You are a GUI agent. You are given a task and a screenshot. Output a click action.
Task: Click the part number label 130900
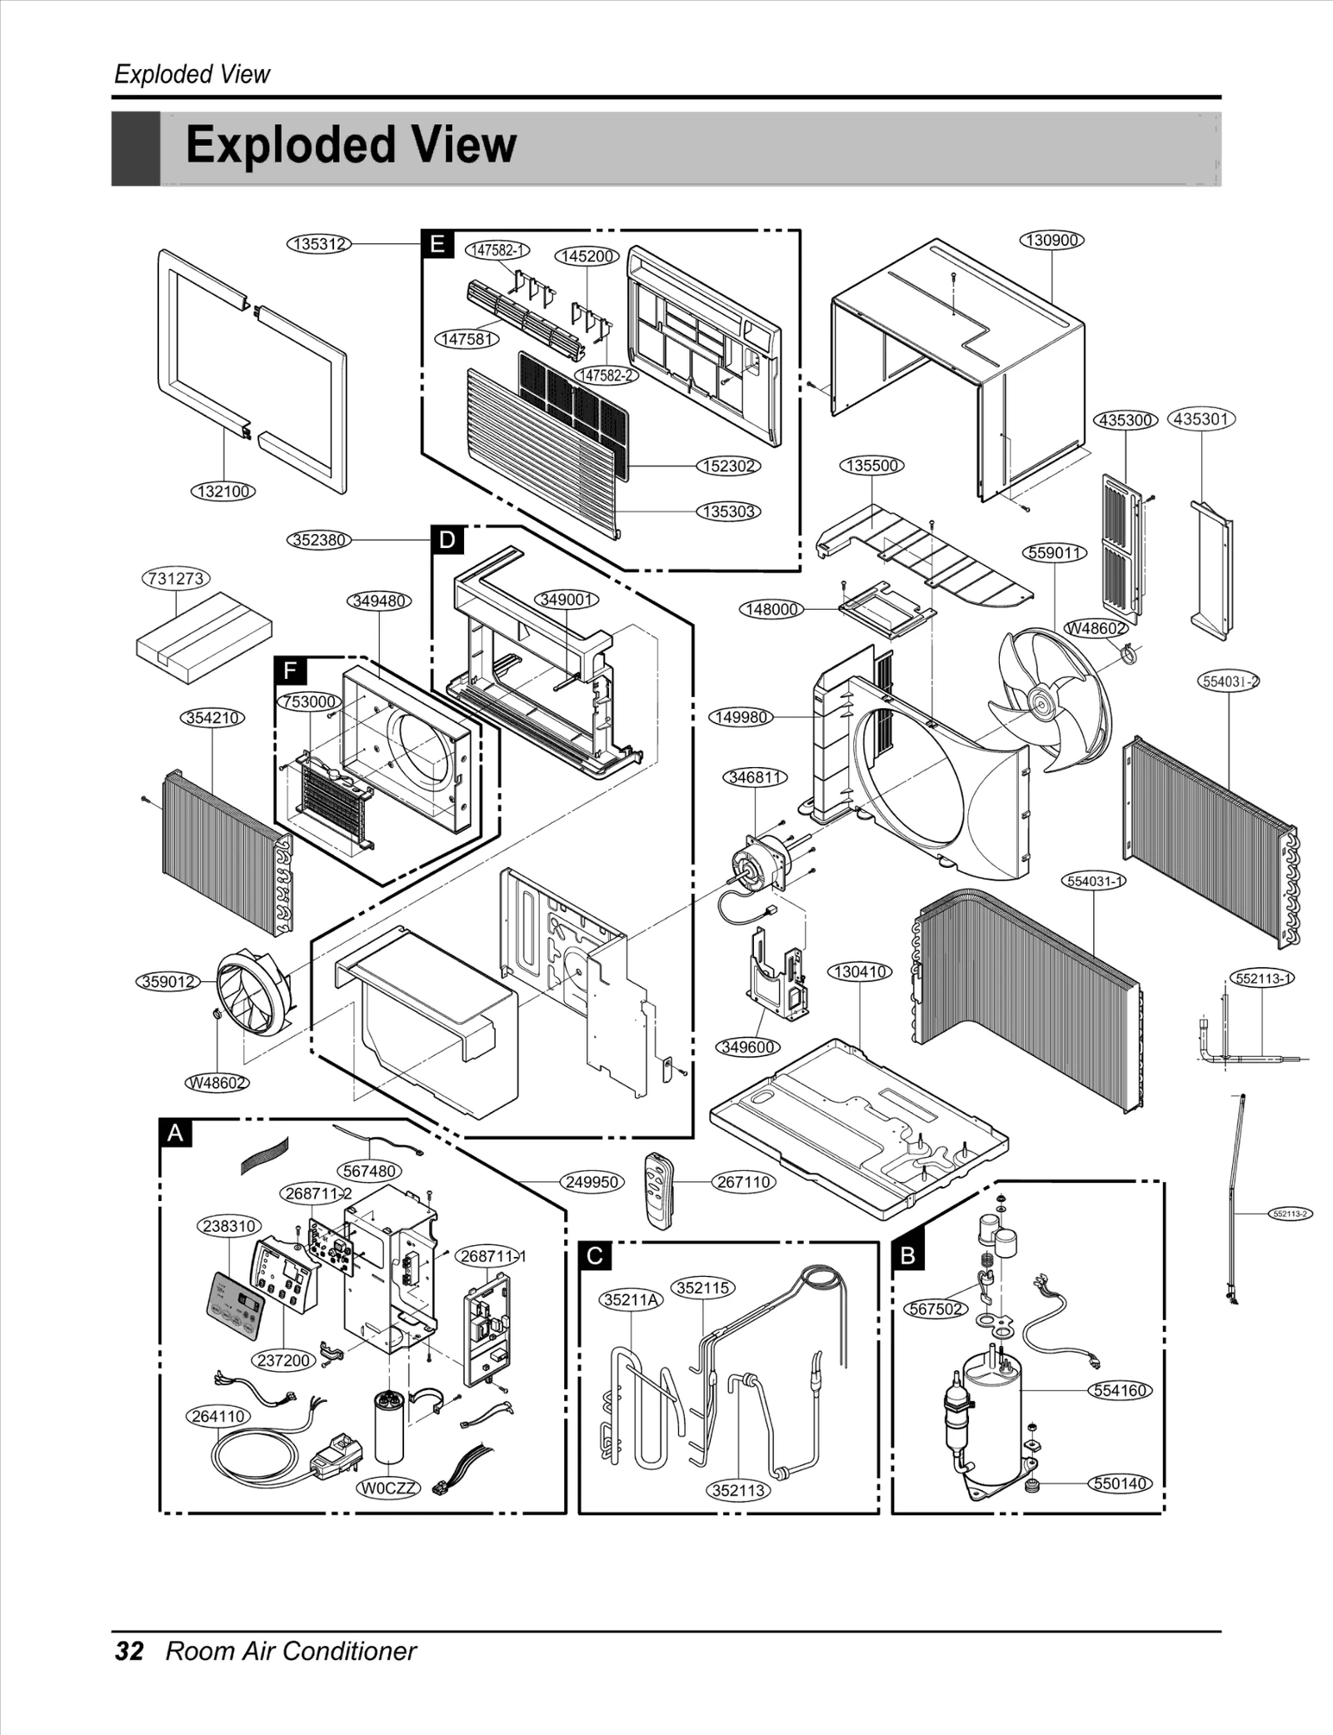tap(1052, 240)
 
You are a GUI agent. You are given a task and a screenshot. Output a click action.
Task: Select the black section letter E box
tap(437, 244)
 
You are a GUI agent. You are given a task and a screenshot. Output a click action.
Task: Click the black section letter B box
tap(908, 1255)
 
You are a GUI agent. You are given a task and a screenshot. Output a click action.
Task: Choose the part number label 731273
tap(176, 578)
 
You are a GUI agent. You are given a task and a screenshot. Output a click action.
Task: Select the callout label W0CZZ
tap(389, 1488)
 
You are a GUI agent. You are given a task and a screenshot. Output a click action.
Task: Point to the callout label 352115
tap(703, 1288)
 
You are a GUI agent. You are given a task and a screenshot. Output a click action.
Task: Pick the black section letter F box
tap(290, 671)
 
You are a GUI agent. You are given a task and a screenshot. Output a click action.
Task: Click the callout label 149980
tap(741, 717)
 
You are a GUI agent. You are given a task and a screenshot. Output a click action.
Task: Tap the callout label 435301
tap(1201, 419)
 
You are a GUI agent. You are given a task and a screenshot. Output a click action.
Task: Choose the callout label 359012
tap(168, 981)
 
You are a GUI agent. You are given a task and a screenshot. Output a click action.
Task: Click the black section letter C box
tap(595, 1255)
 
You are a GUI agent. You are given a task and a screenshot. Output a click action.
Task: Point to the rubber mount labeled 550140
tap(1032, 1483)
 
